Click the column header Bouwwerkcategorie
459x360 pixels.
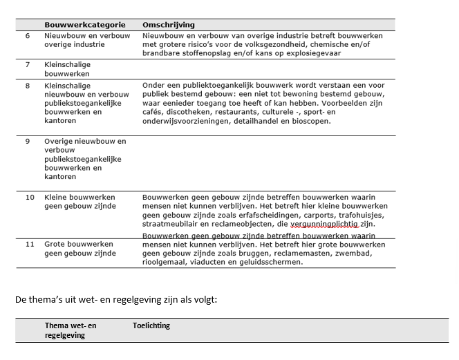click(x=77, y=25)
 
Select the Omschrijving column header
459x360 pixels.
click(x=169, y=25)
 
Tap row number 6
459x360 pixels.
click(x=28, y=35)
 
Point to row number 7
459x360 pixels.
click(x=28, y=64)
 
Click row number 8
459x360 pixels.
click(x=28, y=86)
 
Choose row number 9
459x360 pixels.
click(x=28, y=141)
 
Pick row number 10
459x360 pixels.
click(x=30, y=197)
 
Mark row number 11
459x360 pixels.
click(x=30, y=244)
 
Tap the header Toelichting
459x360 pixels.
click(x=151, y=325)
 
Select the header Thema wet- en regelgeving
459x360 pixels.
click(x=71, y=330)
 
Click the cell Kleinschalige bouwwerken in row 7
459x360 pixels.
click(x=67, y=69)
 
